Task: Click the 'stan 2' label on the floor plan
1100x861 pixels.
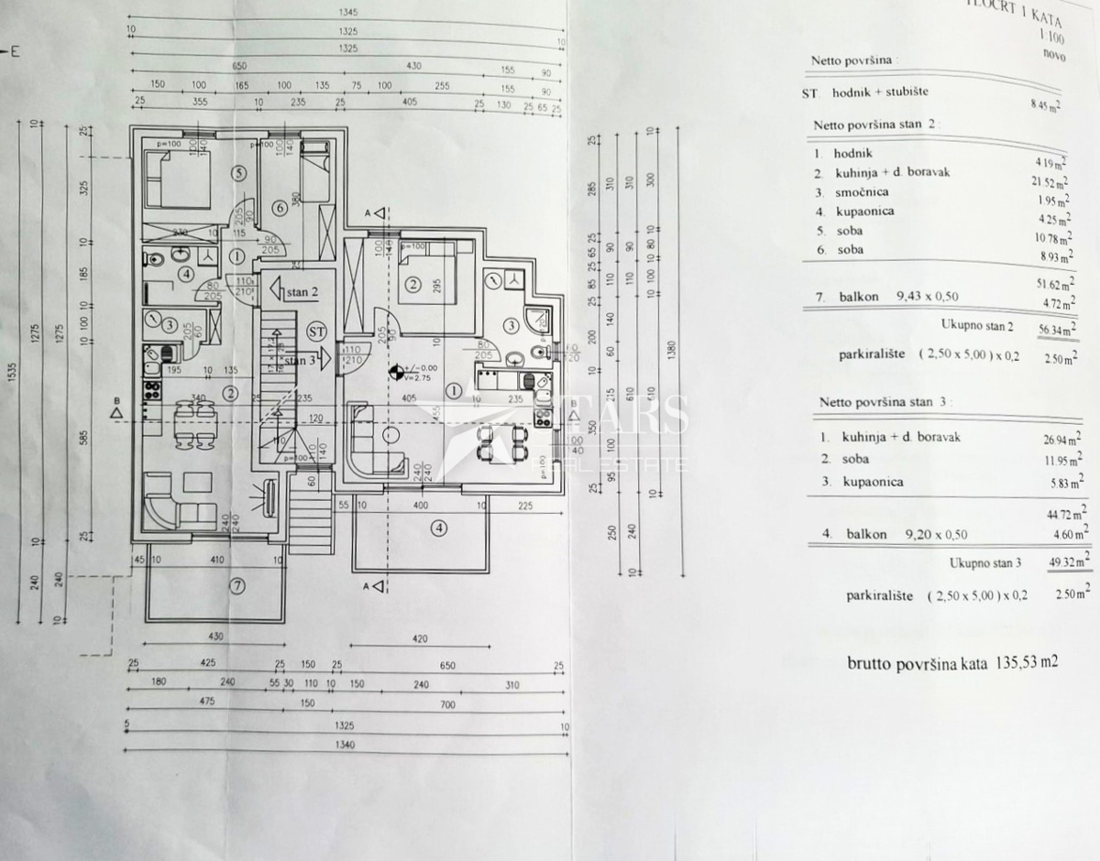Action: (x=301, y=293)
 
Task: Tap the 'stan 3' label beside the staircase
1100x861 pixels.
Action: (x=300, y=360)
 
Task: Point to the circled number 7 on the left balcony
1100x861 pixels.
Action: (x=238, y=588)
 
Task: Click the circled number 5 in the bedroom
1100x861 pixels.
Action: (x=238, y=171)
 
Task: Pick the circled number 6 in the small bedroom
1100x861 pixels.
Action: (x=280, y=209)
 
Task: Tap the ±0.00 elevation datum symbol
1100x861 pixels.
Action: (x=396, y=372)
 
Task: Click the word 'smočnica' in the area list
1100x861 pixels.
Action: (x=861, y=192)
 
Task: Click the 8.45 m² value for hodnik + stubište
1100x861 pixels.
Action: (x=1045, y=105)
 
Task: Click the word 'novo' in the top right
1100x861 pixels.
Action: (x=1053, y=54)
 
